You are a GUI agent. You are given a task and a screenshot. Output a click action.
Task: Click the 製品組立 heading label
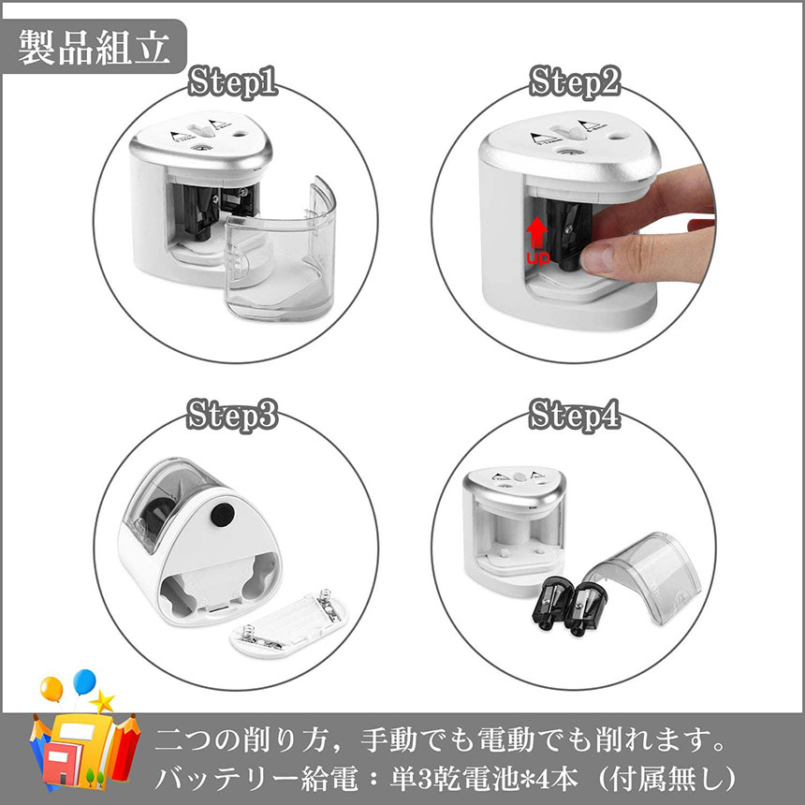95,48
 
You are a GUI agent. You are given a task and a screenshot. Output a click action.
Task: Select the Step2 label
575,81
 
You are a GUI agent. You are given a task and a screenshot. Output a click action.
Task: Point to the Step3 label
232,415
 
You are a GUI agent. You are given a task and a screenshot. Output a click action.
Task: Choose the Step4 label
575,415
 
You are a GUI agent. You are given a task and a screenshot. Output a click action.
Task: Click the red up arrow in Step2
537,234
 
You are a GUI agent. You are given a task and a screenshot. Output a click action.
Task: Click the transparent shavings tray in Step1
281,252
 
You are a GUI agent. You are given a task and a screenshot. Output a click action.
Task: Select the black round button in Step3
223,514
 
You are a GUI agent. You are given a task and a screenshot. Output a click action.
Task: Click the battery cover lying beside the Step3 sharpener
286,624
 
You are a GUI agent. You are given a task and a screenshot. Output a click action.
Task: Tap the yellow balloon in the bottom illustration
51,689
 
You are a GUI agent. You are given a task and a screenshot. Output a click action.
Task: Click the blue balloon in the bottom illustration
84,681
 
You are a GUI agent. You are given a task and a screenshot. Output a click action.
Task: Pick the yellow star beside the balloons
103,702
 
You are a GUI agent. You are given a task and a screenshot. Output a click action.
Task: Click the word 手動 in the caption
383,740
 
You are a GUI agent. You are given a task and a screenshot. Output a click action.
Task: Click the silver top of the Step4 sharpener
514,484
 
